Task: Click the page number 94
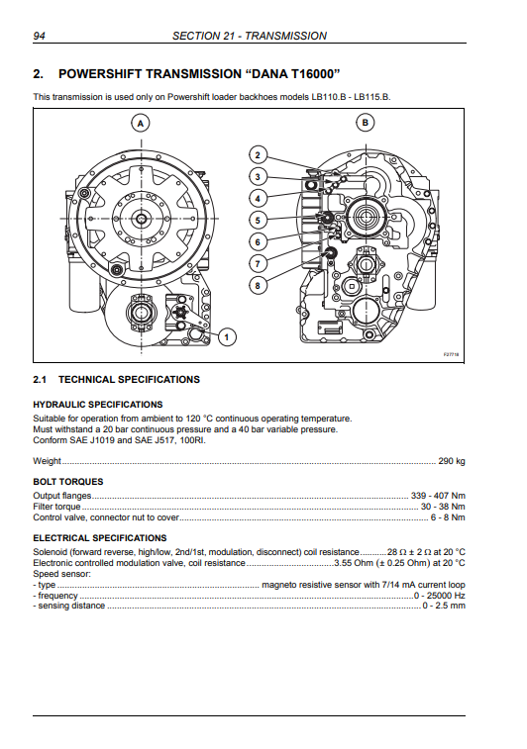click(40, 36)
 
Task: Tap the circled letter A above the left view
click(141, 124)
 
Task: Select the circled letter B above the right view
click(366, 123)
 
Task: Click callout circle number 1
click(227, 337)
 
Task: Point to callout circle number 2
click(258, 154)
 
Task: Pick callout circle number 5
click(258, 221)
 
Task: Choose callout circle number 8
click(258, 286)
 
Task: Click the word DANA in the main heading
click(269, 74)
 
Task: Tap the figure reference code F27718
click(451, 354)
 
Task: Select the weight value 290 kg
click(452, 461)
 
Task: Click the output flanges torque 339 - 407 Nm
click(438, 496)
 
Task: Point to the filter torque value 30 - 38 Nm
click(443, 507)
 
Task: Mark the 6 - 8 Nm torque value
click(448, 517)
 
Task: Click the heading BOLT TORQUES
click(68, 482)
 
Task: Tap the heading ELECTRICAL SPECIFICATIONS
click(100, 538)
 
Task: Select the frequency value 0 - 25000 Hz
click(440, 596)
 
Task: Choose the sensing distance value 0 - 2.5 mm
click(444, 606)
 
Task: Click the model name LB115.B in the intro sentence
click(372, 97)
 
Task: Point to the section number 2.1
click(40, 380)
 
